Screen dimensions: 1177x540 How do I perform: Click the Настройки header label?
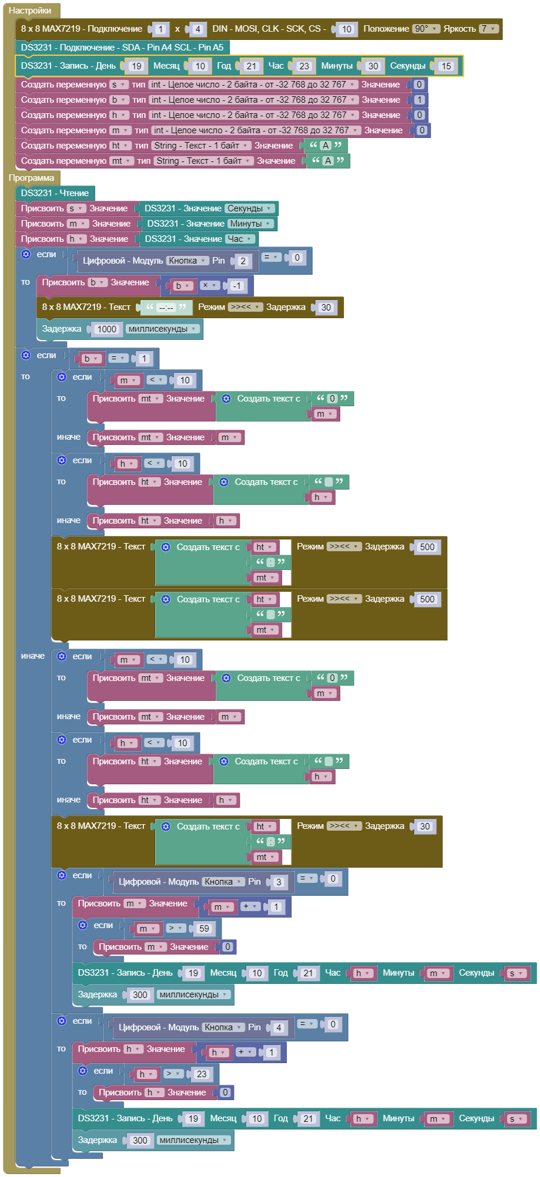[x=30, y=11]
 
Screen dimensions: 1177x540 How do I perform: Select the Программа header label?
[x=31, y=178]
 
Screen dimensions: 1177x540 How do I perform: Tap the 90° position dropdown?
[x=425, y=29]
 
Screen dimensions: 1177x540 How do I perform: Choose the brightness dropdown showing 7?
[x=488, y=29]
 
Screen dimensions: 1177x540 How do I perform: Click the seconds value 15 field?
[x=446, y=66]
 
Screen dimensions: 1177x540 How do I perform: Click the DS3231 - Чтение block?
[x=55, y=193]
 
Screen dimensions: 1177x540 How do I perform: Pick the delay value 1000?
[x=106, y=329]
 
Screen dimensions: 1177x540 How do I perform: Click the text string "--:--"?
[x=166, y=308]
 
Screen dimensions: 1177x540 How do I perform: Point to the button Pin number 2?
[x=243, y=261]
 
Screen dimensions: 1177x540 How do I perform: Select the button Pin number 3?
[x=279, y=882]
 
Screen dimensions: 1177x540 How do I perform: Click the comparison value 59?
[x=204, y=929]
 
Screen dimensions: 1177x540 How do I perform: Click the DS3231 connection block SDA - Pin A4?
[x=123, y=48]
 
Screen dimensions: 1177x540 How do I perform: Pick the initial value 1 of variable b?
[x=419, y=100]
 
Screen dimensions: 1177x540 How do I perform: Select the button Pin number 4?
[x=279, y=1027]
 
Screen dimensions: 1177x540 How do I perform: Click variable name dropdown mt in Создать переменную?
[x=122, y=161]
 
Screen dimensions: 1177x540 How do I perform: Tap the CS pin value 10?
[x=346, y=29]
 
